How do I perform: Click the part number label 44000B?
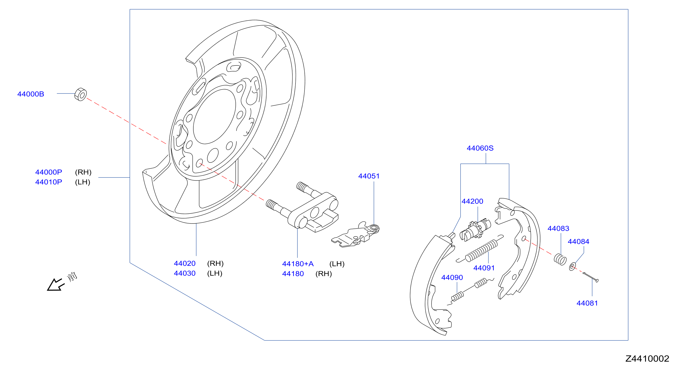tap(31, 94)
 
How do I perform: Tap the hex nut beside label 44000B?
tap(81, 94)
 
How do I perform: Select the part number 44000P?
tap(49, 172)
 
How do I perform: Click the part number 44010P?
tap(49, 182)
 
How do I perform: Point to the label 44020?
tap(185, 263)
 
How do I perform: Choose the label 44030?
tap(185, 273)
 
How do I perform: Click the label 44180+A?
tap(298, 264)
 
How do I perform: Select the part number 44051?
tap(369, 176)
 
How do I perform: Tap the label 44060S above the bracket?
tap(480, 148)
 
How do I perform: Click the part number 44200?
tap(472, 201)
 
